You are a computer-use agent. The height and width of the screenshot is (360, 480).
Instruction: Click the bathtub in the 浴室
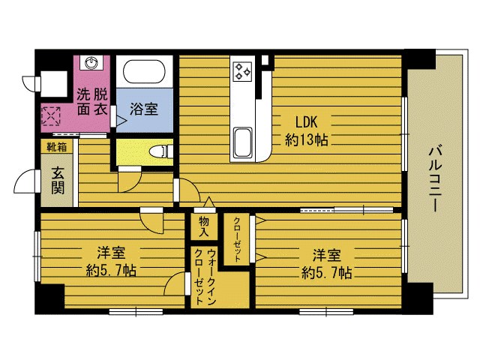(x=144, y=72)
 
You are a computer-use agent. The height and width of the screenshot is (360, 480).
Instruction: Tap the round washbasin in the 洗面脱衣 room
(x=91, y=63)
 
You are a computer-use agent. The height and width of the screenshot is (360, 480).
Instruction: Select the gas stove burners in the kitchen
(x=242, y=72)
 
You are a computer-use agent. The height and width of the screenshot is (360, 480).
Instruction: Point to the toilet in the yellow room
(x=160, y=151)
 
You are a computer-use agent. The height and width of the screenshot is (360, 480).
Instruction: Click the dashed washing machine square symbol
(x=51, y=116)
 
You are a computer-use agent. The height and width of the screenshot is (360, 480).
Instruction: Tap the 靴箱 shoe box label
(x=57, y=147)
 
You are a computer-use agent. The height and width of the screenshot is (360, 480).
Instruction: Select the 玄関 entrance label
(x=58, y=181)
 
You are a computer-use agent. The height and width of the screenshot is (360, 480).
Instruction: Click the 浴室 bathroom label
(x=144, y=109)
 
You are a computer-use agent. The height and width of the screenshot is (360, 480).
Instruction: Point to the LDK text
(x=306, y=122)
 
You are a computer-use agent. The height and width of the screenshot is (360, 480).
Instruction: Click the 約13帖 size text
(x=307, y=140)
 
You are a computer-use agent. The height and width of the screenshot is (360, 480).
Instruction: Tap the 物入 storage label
(x=204, y=226)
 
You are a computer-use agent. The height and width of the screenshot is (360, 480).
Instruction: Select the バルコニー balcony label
(x=435, y=179)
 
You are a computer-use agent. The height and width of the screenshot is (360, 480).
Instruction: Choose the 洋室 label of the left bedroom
(x=111, y=253)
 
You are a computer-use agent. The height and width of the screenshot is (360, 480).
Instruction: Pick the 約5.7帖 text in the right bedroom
(x=327, y=272)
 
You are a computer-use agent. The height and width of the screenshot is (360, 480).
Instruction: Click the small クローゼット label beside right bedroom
(x=237, y=240)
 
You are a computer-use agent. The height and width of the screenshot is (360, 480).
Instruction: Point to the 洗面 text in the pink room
(x=83, y=102)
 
